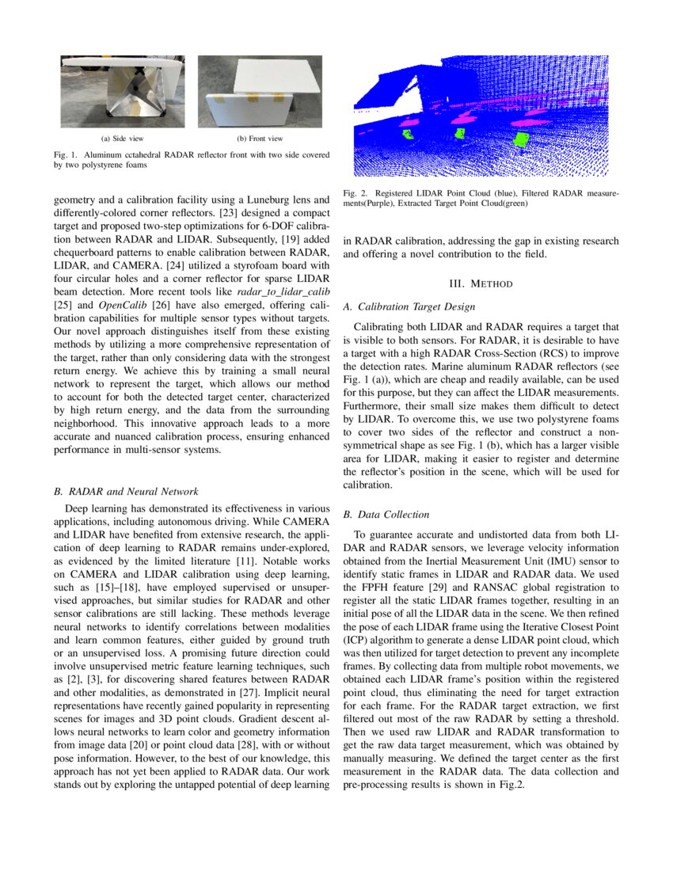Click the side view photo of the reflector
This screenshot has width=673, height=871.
click(122, 91)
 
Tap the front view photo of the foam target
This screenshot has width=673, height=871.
click(260, 91)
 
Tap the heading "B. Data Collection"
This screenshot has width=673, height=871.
click(386, 515)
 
